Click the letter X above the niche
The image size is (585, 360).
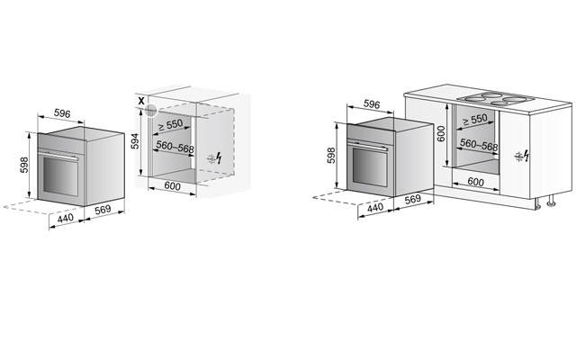141,101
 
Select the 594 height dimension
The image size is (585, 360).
135,141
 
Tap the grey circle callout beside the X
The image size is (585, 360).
151,111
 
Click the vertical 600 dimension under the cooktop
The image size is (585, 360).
441,133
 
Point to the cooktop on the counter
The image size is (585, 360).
496,98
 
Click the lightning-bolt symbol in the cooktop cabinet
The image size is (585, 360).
526,156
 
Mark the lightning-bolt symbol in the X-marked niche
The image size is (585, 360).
219,157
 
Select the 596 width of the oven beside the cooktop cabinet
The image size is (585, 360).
372,104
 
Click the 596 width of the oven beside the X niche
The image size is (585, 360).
62,113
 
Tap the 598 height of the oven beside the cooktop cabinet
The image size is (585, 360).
331,156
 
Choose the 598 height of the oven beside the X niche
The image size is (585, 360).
24,165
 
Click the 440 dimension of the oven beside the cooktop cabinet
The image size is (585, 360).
375,207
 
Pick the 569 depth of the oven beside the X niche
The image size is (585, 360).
103,210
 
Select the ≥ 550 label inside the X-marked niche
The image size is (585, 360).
170,125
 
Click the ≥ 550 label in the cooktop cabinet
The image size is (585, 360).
475,120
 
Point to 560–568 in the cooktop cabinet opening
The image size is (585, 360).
479,144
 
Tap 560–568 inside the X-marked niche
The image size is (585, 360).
175,147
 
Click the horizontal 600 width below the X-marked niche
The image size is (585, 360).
173,185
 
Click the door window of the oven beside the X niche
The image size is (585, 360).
60,176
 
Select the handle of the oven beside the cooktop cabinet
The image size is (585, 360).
368,146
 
